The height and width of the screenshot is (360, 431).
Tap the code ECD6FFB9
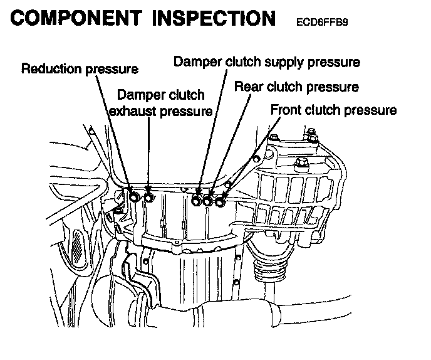click(x=323, y=23)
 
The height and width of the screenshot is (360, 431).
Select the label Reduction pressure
click(x=80, y=69)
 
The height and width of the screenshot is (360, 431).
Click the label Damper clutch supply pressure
click(x=266, y=62)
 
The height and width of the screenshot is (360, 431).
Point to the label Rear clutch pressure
click(x=296, y=87)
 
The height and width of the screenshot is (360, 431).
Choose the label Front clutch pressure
click(x=333, y=110)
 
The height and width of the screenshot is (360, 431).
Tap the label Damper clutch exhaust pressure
click(x=160, y=104)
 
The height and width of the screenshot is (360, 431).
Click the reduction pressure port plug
click(x=134, y=198)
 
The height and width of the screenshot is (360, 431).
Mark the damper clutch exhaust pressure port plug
click(x=148, y=199)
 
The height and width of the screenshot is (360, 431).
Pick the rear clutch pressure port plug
click(x=208, y=201)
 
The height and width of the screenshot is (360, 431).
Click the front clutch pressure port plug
click(x=220, y=201)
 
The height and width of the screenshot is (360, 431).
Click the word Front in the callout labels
click(x=284, y=110)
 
